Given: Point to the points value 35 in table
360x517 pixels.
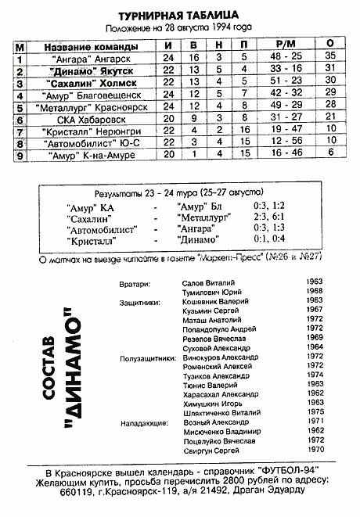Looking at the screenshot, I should pos(330,56).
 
